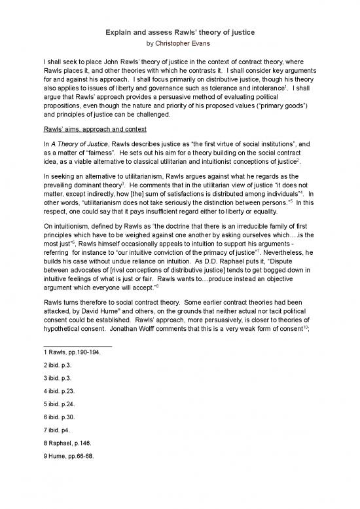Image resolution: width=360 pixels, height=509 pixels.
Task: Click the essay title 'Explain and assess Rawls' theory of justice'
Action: (179, 33)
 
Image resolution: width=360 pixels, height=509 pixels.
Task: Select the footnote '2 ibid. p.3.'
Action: (60, 368)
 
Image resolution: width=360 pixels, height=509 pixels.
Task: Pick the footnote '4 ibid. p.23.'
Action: (62, 402)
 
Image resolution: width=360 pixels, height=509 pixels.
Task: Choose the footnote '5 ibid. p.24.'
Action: (62, 419)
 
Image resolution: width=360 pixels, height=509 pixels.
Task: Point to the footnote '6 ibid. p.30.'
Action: (62, 436)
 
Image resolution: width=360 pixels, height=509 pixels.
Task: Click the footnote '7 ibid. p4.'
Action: (60, 453)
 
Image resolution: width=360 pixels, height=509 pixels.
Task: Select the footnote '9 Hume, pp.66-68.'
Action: (69, 487)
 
